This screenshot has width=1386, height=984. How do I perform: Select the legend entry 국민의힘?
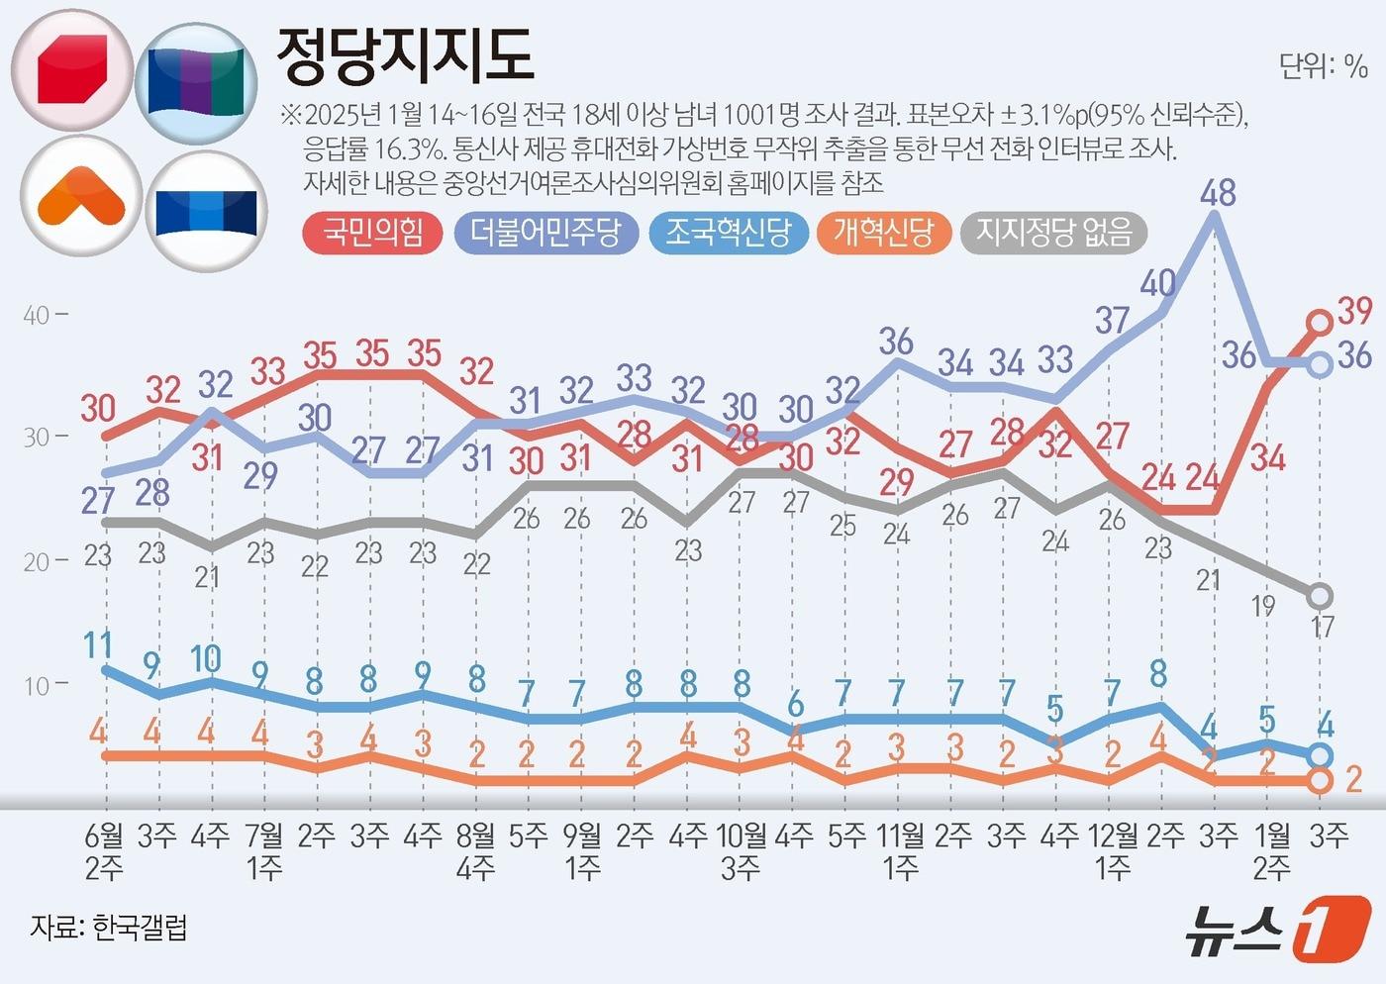tap(372, 233)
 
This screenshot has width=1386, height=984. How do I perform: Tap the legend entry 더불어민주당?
tap(545, 233)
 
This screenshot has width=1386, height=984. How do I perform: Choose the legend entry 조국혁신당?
tap(728, 233)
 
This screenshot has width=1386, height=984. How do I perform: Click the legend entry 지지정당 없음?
tap(1053, 233)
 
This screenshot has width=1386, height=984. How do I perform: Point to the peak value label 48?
tap(1217, 192)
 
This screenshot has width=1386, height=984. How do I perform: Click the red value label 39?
tap(1354, 311)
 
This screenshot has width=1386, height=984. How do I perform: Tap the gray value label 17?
tap(1323, 626)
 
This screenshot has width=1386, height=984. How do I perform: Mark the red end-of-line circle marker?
tap(1320, 322)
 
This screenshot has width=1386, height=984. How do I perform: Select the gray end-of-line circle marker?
tap(1321, 596)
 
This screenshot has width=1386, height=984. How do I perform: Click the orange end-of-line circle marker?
tap(1320, 781)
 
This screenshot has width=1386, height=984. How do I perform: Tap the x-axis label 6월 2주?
tap(104, 851)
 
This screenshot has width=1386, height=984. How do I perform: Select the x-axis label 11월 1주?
tap(900, 851)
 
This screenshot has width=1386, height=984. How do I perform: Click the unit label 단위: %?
tap(1323, 66)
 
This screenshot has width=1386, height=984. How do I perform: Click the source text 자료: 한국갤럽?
tap(109, 928)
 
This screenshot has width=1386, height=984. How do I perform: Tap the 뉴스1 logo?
tap(1276, 930)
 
